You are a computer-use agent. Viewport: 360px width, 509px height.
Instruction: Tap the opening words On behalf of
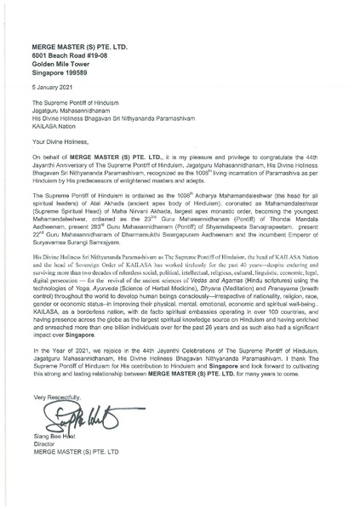[x=51, y=134]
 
